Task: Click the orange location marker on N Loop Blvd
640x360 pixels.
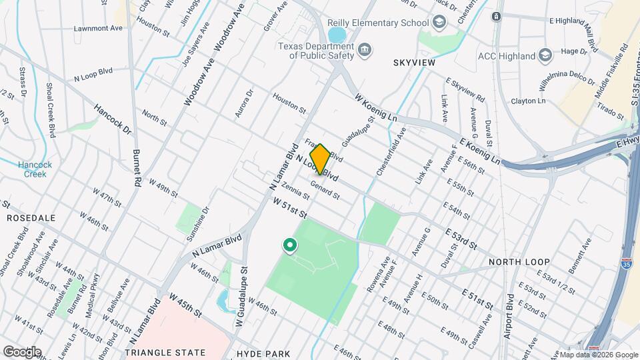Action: [320, 159]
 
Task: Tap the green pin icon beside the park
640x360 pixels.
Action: [290, 246]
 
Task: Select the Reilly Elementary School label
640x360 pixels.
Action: [378, 23]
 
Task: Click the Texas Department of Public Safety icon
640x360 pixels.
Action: [365, 49]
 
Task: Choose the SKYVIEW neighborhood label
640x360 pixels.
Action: [413, 63]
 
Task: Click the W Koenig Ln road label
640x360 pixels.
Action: [377, 107]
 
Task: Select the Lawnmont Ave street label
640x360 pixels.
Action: [99, 29]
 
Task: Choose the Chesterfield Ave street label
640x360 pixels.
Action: [390, 153]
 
